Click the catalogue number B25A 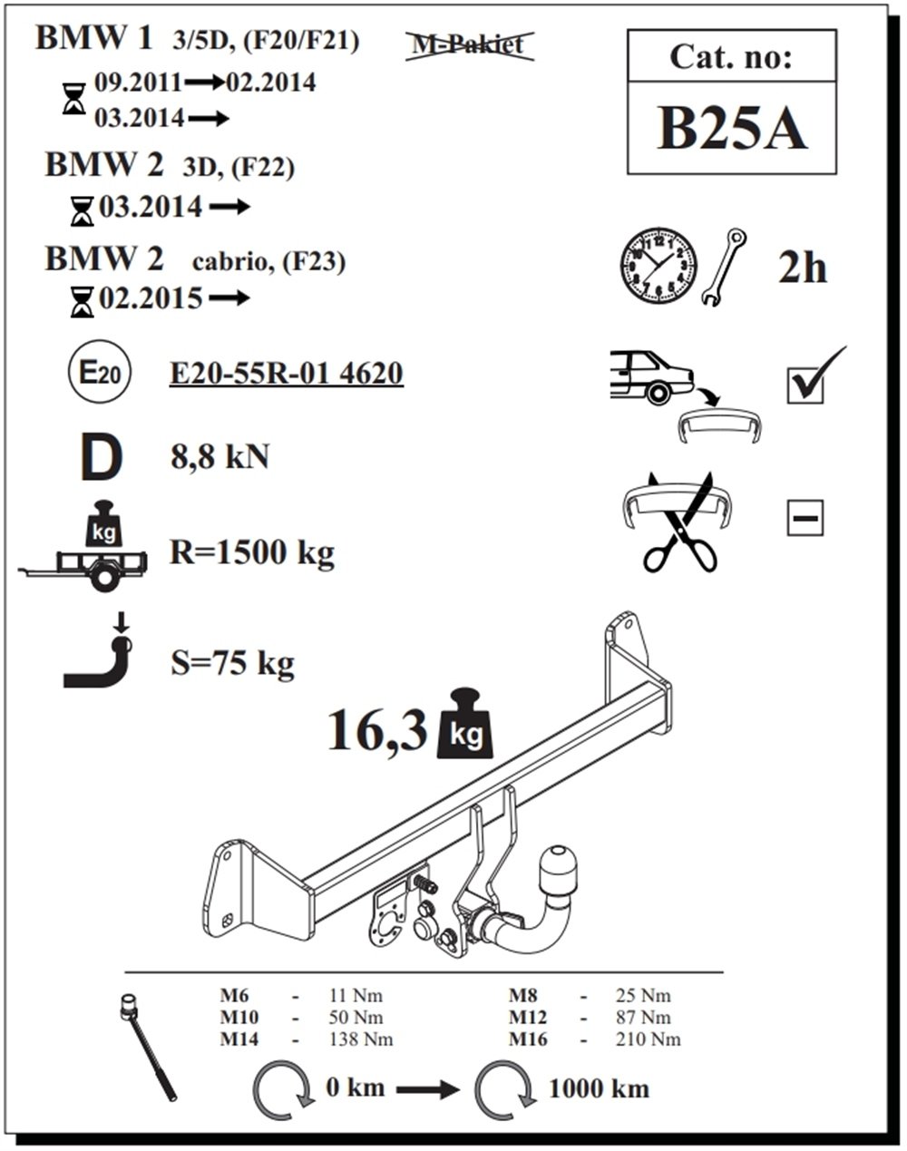(731, 130)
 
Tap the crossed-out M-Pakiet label (468, 44)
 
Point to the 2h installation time (802, 268)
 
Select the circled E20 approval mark (99, 373)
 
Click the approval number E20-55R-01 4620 (286, 373)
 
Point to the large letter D (101, 459)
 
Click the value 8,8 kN (219, 456)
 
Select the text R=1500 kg (251, 551)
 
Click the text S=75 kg (232, 663)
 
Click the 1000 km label (599, 1088)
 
